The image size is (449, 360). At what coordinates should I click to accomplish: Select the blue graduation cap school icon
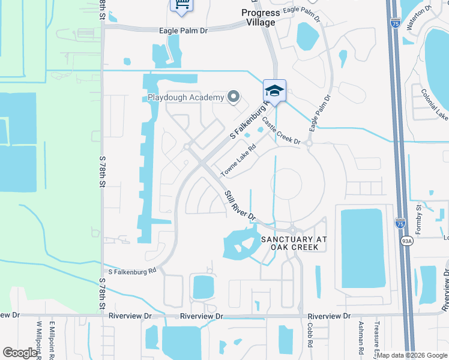(274, 91)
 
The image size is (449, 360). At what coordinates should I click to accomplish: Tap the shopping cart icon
(181, 5)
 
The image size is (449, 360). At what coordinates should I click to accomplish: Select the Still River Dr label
(240, 205)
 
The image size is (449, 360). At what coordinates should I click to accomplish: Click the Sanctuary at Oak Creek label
(294, 242)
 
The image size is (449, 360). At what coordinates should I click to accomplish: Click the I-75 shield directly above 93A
(399, 223)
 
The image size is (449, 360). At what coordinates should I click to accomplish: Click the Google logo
(20, 353)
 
